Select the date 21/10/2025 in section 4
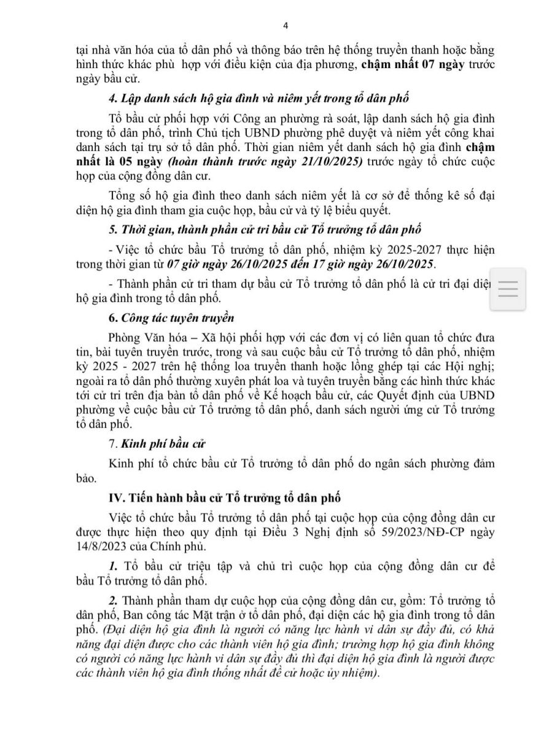pos(336,162)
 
